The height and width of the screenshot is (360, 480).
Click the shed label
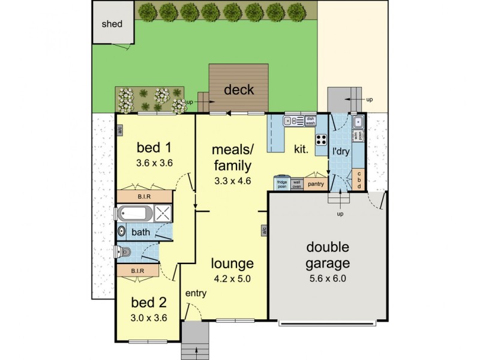pos(112,25)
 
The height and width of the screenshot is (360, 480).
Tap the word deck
pos(239,91)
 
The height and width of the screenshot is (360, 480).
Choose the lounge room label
pos(232,263)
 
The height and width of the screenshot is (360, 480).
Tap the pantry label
pos(316,184)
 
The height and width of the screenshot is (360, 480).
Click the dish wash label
pos(310,121)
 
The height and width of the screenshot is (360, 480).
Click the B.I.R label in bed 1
pos(145,196)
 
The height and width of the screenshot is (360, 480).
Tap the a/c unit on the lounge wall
pos(263,230)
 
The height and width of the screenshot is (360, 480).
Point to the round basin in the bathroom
pos(122,230)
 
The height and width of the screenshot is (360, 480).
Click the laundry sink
pos(358,122)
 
